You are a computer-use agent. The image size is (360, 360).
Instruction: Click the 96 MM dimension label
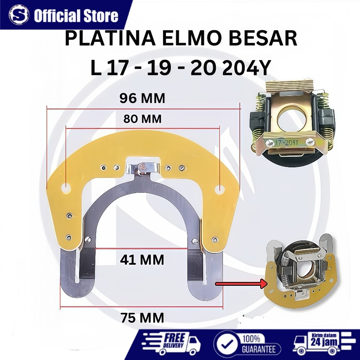[142, 99]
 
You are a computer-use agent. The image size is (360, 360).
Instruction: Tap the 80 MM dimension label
[142, 119]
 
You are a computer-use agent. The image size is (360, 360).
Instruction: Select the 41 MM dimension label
[142, 260]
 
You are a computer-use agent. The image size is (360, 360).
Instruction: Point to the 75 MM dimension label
[142, 318]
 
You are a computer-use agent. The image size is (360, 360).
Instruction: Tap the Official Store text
[76, 16]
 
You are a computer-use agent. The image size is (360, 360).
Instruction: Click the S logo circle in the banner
[19, 15]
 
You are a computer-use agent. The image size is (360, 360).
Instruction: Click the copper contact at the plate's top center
[142, 167]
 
